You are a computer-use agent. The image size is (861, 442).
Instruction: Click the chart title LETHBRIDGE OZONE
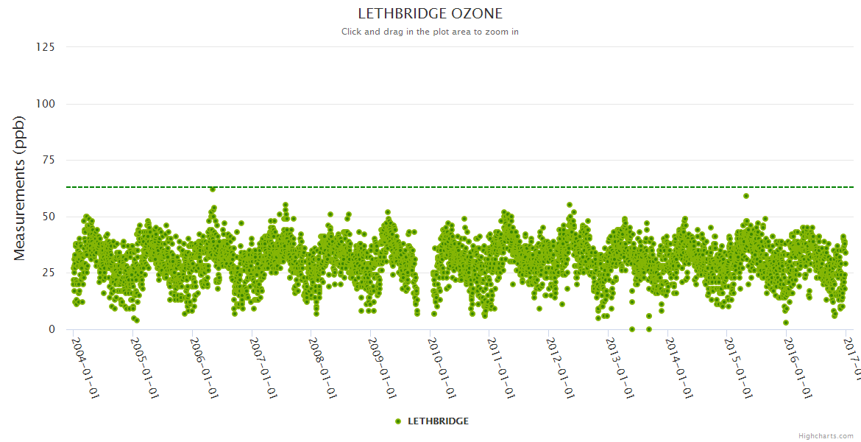point(430,13)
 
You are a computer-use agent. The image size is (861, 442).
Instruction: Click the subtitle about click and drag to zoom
point(430,32)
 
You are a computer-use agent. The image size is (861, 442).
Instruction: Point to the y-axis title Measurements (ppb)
point(20,188)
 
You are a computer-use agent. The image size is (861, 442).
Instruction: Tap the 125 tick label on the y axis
point(45,47)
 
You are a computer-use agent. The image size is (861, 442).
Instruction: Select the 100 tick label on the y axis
point(45,104)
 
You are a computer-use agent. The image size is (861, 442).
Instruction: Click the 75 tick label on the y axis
point(48,161)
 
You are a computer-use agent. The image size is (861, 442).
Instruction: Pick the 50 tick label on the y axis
point(48,217)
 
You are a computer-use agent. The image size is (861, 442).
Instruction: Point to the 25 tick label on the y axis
point(48,273)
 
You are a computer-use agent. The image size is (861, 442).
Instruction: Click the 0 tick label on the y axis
point(51,329)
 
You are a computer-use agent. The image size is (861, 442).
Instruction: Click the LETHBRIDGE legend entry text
point(438,421)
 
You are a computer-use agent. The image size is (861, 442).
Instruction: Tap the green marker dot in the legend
point(398,421)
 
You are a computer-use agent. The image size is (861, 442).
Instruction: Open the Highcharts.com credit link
point(826,436)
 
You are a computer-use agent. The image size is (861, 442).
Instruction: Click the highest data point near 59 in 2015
point(746,196)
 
